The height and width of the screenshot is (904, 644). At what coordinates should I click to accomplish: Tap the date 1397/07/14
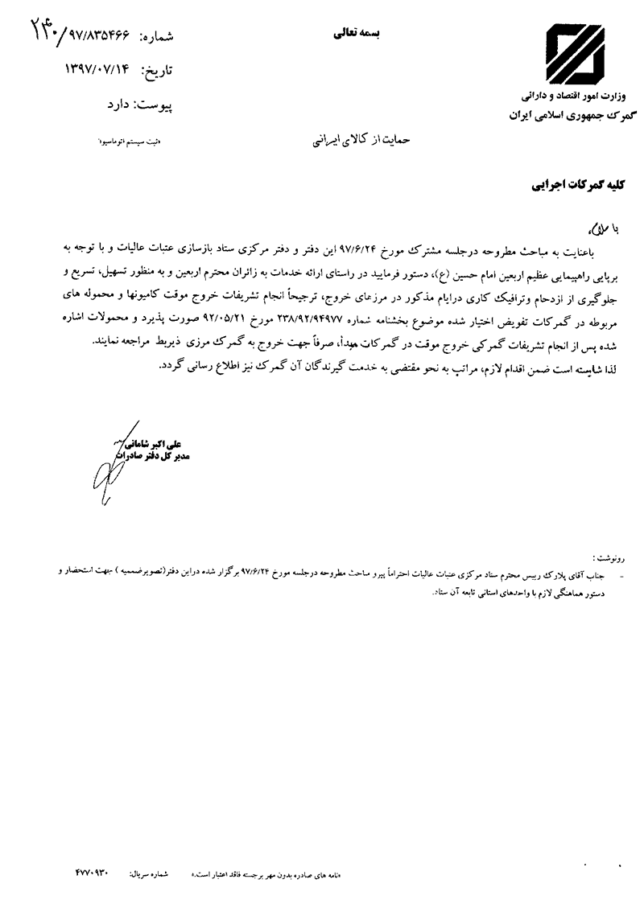[101, 70]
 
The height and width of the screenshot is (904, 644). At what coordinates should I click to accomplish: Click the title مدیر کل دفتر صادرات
[152, 456]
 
